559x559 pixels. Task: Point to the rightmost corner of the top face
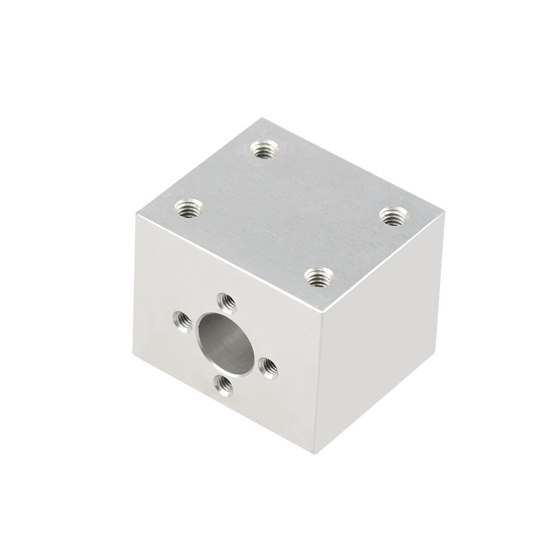[444, 211]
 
